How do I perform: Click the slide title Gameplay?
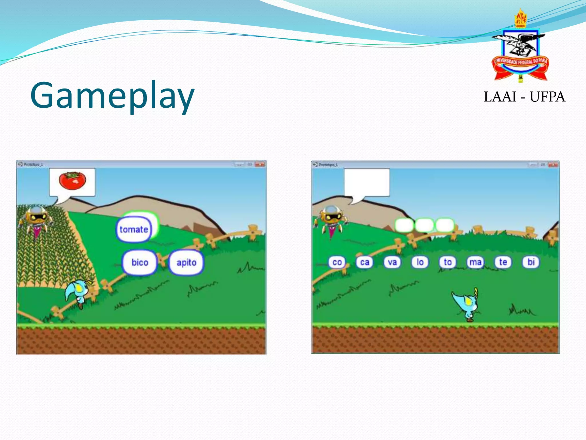112,95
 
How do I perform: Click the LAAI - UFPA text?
524,97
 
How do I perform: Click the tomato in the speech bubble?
72,181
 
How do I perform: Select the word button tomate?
134,229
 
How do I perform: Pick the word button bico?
140,262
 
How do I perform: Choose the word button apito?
186,262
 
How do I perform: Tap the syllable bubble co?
337,262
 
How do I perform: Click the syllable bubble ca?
365,262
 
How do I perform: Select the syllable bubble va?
392,262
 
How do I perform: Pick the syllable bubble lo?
420,262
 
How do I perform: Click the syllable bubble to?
448,262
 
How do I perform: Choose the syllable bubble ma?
475,262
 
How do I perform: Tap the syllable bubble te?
503,262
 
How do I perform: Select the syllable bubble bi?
531,262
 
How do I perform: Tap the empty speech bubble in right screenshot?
367,182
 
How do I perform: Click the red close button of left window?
260,164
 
